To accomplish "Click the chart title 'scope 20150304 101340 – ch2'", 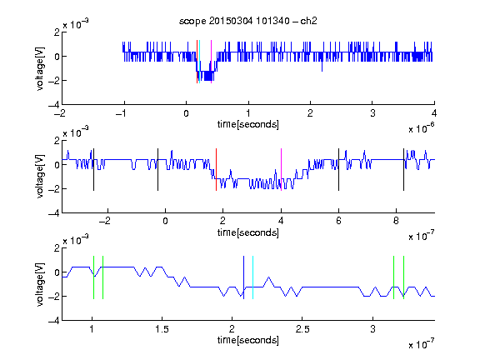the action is click(248, 21).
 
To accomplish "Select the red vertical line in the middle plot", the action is click(216, 170).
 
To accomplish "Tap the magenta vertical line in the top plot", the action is click(211, 62).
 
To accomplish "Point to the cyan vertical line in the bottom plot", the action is click(252, 277).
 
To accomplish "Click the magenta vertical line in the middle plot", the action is click(281, 170).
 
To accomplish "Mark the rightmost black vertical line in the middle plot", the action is click(403, 170).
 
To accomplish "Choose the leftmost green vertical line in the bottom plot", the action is click(93, 277).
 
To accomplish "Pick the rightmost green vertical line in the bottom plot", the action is click(404, 277).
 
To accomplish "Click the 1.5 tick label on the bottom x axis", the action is click(162, 329).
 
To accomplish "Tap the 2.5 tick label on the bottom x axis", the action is click(302, 329).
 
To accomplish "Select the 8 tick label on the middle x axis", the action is click(396, 221).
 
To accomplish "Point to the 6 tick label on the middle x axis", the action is click(338, 221).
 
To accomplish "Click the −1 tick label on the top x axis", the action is click(122, 113).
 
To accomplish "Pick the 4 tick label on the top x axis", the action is click(434, 113).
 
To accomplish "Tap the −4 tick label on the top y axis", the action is click(54, 105).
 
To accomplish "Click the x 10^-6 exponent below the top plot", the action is click(422, 128).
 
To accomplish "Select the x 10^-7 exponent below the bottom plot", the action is click(422, 345).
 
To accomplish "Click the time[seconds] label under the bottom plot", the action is click(248, 340).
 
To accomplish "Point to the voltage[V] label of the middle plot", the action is click(40, 177).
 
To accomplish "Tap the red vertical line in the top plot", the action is click(197, 62).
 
